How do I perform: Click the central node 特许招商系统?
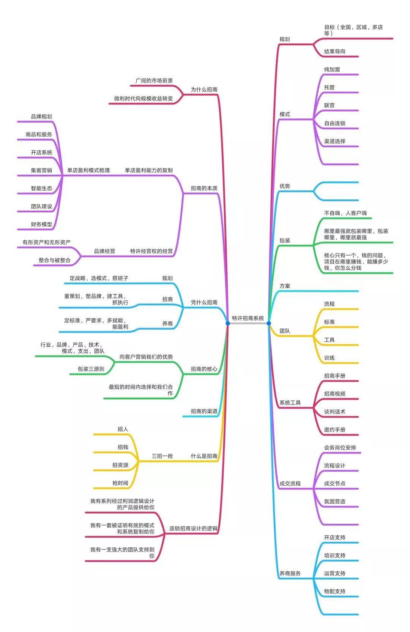click(x=248, y=318)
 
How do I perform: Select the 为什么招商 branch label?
click(x=204, y=90)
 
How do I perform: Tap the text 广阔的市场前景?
click(x=154, y=81)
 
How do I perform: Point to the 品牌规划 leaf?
click(x=41, y=117)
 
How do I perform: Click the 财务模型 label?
click(x=41, y=224)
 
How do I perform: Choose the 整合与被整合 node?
click(x=54, y=260)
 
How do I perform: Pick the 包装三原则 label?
click(x=91, y=369)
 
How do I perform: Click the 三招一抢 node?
click(x=162, y=456)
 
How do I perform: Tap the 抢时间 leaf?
click(x=120, y=483)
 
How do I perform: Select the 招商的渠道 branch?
click(x=204, y=411)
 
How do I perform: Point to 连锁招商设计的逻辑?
click(x=193, y=528)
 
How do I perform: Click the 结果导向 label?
click(x=334, y=52)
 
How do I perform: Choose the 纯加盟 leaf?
click(x=332, y=70)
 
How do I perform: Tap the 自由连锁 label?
click(x=334, y=123)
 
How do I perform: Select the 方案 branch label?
click(x=285, y=286)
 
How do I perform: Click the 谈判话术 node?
click(x=334, y=412)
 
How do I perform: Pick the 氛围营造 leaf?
click(x=334, y=501)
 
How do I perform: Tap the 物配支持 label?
click(x=334, y=591)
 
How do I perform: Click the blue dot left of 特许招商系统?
click(x=228, y=323)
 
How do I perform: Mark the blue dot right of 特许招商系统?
click(x=269, y=323)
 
